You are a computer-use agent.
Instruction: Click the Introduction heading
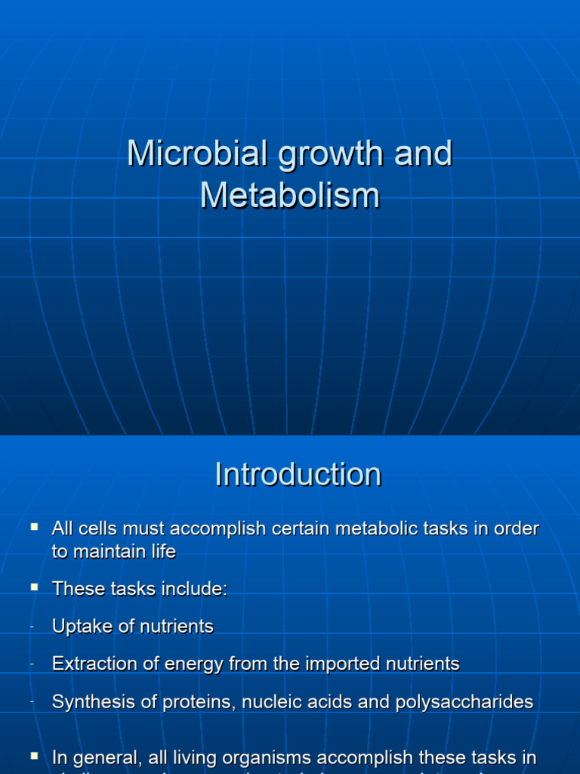pyautogui.click(x=298, y=475)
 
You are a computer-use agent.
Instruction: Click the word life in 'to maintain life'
pyautogui.click(x=162, y=552)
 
